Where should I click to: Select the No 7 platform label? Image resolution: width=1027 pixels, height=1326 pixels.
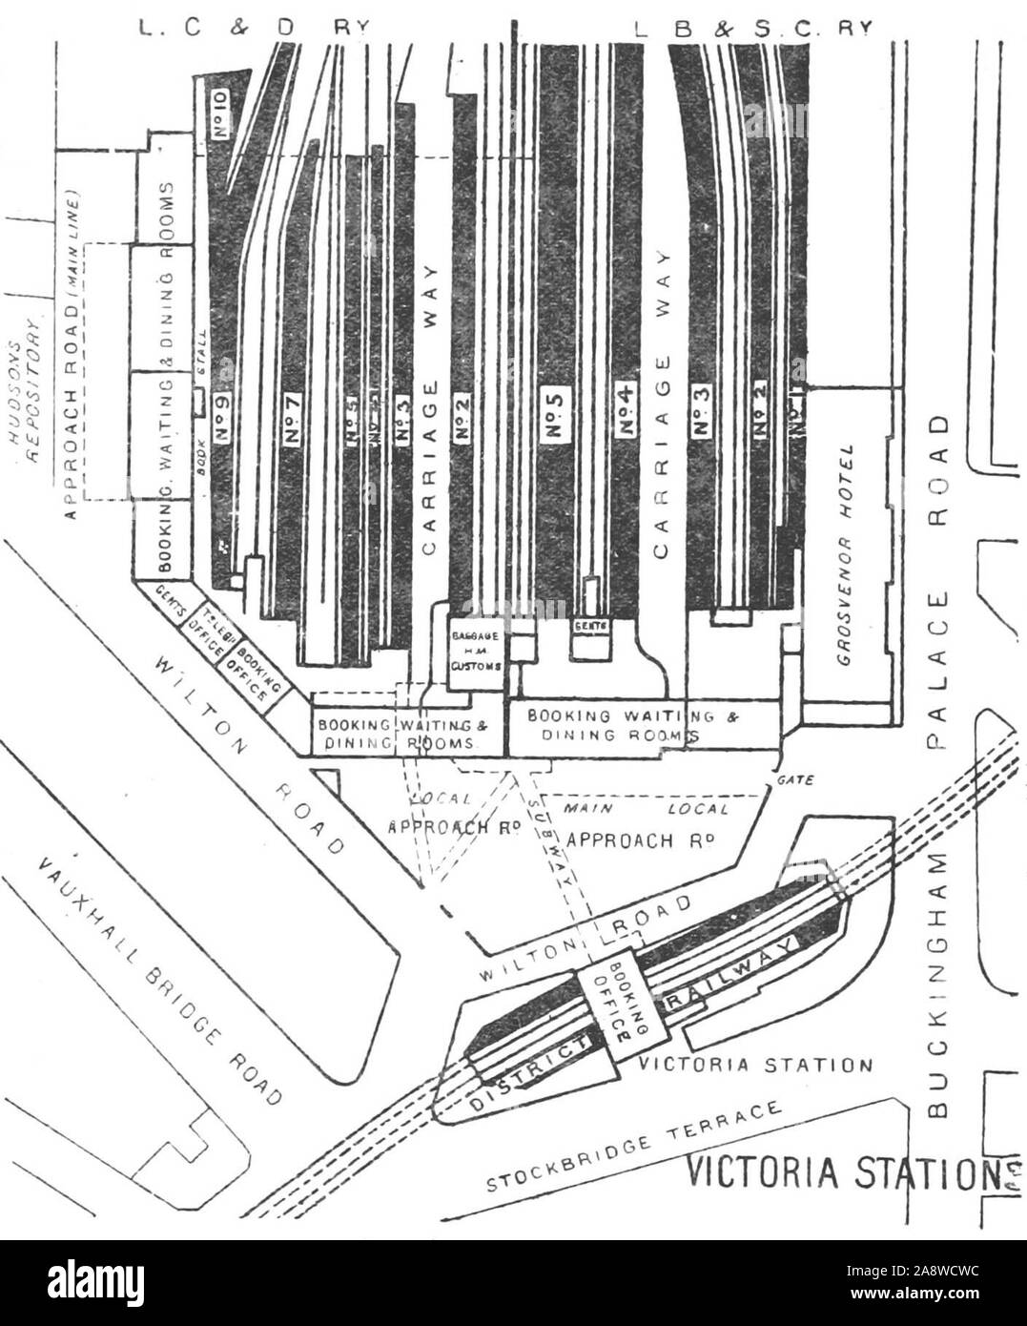(293, 418)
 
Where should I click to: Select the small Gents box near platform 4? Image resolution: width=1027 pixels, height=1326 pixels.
(585, 626)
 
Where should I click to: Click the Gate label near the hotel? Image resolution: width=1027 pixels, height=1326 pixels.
(795, 779)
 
